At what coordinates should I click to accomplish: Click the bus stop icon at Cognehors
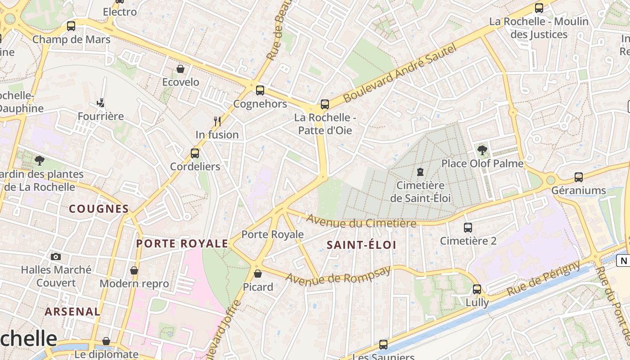[260, 90]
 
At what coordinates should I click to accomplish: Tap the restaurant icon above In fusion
[217, 121]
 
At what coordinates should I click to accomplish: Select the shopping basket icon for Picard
[258, 274]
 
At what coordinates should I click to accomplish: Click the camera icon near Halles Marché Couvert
[56, 256]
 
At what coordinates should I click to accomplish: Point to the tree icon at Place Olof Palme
[482, 150]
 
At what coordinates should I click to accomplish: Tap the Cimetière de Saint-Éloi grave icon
[420, 172]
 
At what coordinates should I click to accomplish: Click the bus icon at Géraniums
[579, 177]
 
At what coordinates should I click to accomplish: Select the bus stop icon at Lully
[477, 289]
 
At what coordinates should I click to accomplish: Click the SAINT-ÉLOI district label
[361, 245]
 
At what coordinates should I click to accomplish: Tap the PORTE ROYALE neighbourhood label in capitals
[182, 243]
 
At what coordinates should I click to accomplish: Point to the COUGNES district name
[99, 209]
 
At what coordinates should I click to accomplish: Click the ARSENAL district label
[72, 311]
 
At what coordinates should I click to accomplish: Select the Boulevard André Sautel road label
[400, 73]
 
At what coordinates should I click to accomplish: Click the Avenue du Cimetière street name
[361, 221]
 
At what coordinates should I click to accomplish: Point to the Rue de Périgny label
[543, 279]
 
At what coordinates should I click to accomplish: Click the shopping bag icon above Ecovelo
[180, 69]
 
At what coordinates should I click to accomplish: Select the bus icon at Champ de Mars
[71, 26]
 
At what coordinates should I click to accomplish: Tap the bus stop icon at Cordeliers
[195, 153]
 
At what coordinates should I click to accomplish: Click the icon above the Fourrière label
[100, 103]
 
